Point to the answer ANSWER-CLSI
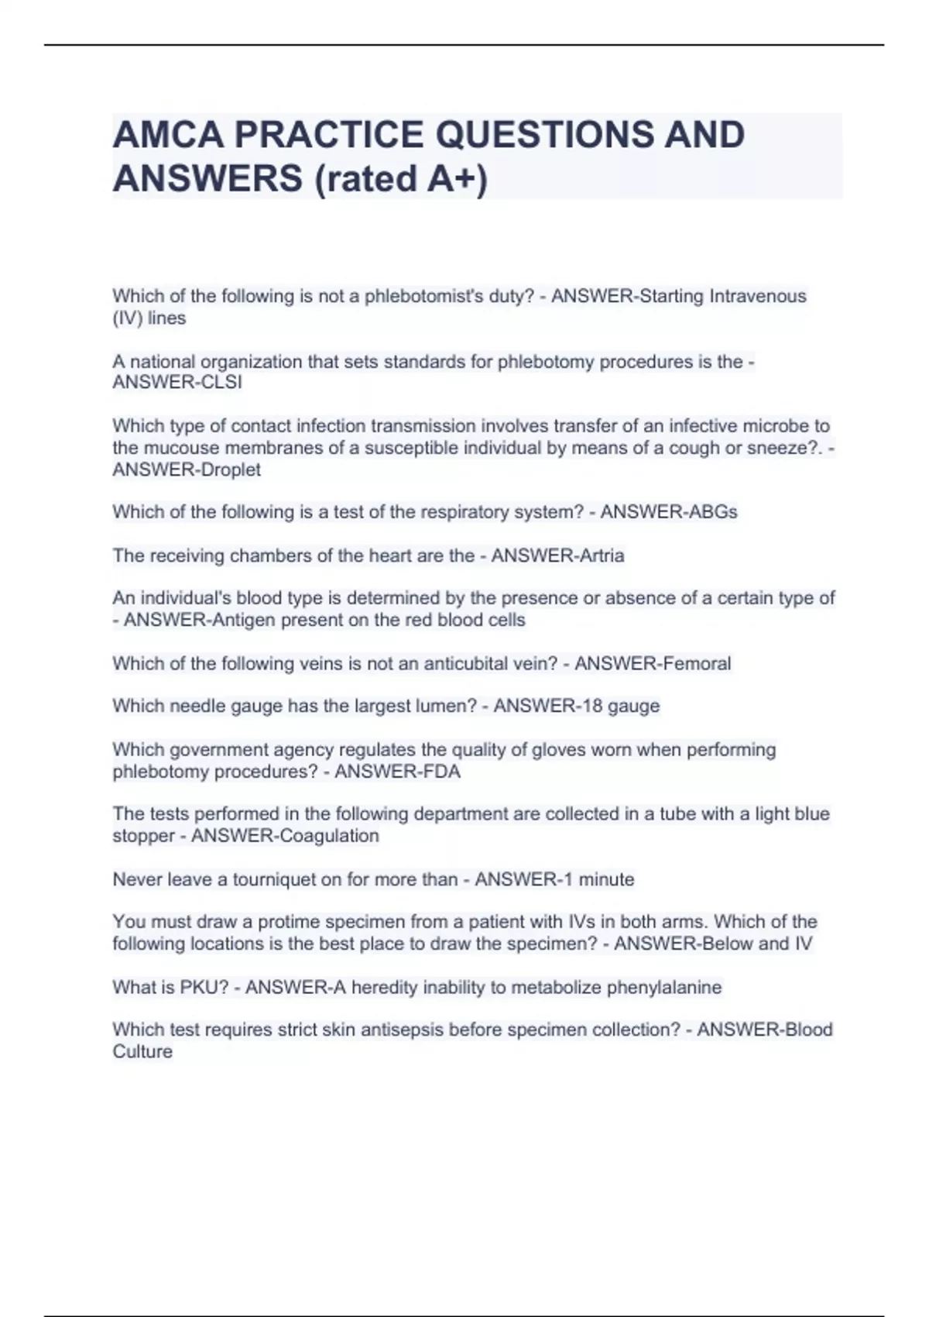[177, 383]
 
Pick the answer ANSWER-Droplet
[187, 469]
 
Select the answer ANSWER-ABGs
[669, 512]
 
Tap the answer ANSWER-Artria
[557, 555]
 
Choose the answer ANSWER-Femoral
[653, 663]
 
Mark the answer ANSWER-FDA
[397, 772]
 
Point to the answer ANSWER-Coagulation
[285, 836]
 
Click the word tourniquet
[273, 879]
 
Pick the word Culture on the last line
[142, 1051]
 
